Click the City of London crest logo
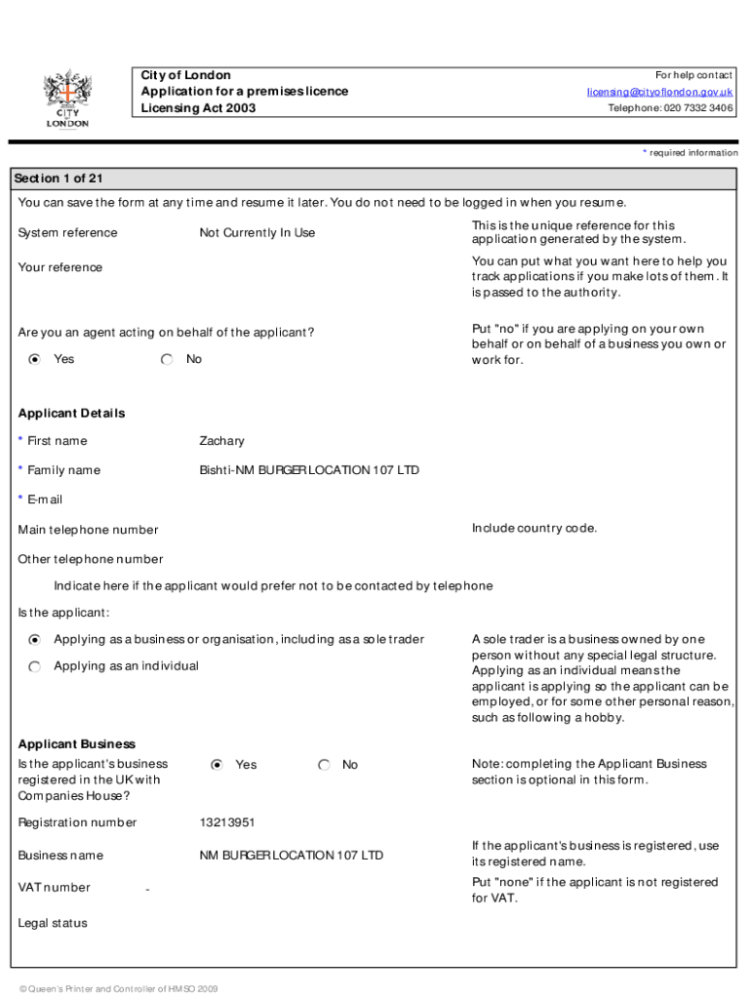(66, 98)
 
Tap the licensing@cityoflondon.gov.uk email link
(659, 92)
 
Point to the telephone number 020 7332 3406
(671, 108)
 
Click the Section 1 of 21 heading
(59, 179)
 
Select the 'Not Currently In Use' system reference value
(257, 233)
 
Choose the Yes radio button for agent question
(35, 360)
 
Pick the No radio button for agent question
(168, 360)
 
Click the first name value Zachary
(221, 441)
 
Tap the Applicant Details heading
(71, 413)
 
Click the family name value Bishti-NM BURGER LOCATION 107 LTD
(308, 470)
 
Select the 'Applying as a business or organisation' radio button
(35, 640)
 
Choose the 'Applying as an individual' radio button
(35, 666)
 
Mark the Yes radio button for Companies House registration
(217, 765)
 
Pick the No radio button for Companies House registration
(325, 765)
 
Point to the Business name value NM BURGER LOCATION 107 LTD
(291, 856)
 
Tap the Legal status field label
(53, 923)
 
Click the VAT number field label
(54, 887)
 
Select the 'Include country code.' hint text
(534, 529)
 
